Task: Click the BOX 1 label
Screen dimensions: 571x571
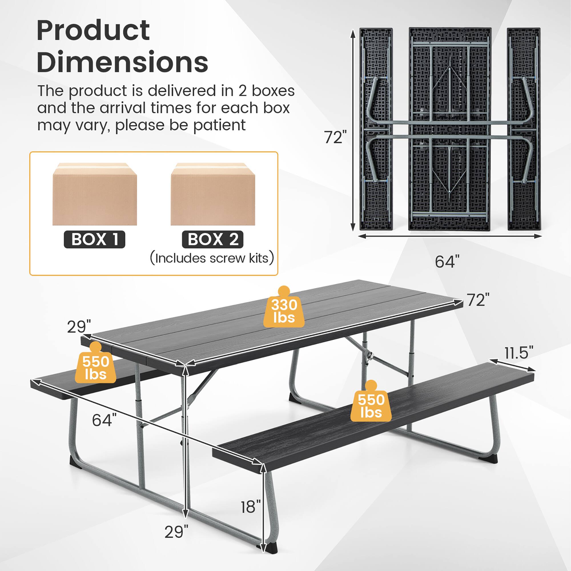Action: [95, 240]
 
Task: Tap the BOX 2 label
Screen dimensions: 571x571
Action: [212, 240]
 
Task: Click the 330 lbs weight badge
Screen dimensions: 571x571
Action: [284, 310]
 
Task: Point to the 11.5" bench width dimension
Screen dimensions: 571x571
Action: [519, 353]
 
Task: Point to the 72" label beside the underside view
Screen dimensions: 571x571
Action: [335, 137]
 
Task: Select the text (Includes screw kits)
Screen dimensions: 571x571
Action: [212, 258]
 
